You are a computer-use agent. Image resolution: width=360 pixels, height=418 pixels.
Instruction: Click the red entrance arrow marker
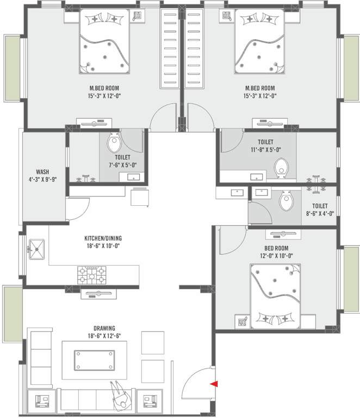(x=213, y=384)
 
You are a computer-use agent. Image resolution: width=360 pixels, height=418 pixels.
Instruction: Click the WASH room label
(x=42, y=170)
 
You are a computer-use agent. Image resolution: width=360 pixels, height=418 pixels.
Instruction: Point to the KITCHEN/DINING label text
(x=102, y=238)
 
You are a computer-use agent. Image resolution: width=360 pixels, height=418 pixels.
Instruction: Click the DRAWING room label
(x=104, y=328)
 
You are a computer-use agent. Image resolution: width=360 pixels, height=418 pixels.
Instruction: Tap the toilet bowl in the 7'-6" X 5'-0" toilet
(x=114, y=144)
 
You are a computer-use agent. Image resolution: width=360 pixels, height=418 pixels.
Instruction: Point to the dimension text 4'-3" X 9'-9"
(x=42, y=178)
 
